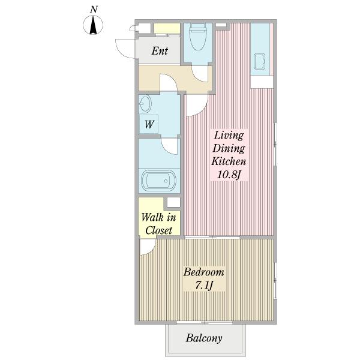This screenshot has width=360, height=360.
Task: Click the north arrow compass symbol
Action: [93, 25]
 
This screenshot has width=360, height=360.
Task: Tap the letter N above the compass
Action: [94, 10]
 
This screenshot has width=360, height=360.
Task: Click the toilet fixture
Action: [197, 37]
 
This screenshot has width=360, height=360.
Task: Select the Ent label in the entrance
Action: [160, 51]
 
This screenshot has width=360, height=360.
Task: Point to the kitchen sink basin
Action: [260, 62]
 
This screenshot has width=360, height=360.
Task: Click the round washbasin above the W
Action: [145, 103]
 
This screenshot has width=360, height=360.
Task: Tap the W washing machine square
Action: [149, 124]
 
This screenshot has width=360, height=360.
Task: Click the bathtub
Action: [159, 180]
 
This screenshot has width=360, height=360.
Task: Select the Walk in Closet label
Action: [158, 224]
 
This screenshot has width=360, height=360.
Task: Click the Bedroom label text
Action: [203, 272]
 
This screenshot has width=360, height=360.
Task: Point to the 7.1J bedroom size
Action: [204, 286]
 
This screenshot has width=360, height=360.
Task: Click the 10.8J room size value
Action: [229, 175]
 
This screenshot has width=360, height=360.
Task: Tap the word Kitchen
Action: [229, 161]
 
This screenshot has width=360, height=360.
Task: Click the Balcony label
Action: [204, 338]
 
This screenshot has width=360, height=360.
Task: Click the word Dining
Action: [229, 148]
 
